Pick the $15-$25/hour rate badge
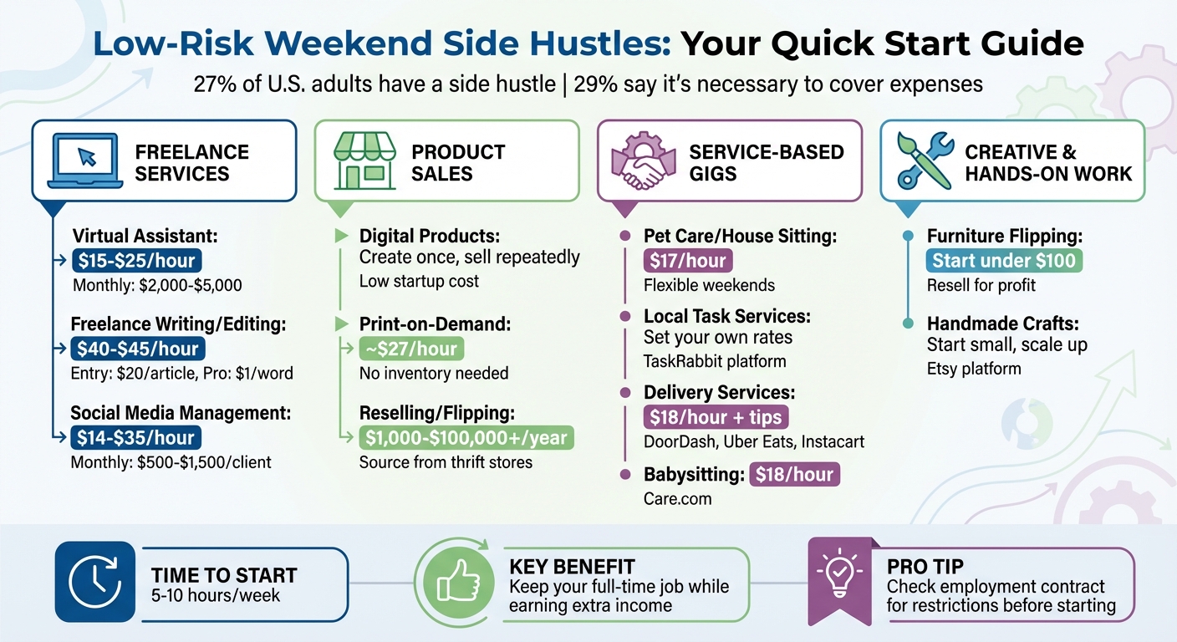point(137,260)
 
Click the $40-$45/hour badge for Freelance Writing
point(137,349)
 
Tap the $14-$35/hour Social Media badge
point(137,437)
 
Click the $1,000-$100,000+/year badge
point(466,437)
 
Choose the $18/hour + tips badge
point(716,417)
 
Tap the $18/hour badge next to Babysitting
point(795,475)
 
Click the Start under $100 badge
point(1004,260)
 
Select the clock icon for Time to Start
point(94,581)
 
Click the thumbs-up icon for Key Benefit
point(452,580)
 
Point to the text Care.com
point(677,499)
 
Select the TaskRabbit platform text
point(715,361)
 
